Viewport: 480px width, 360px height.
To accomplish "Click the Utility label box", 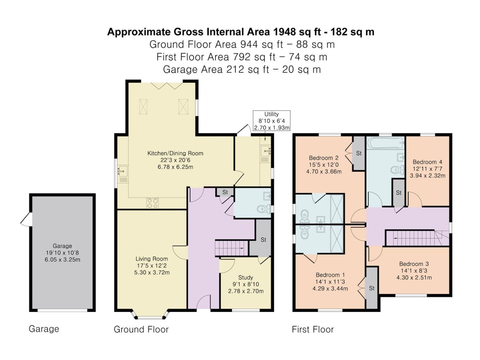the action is click(x=272, y=121).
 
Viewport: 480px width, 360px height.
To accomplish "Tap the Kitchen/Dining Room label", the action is click(x=176, y=153).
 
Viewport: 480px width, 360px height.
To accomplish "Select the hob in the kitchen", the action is click(x=153, y=203).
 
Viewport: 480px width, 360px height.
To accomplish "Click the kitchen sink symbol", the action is click(x=122, y=174).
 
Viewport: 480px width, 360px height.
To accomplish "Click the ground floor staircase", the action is click(x=231, y=248).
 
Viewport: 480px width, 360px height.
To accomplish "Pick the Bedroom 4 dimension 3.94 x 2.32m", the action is click(x=428, y=176).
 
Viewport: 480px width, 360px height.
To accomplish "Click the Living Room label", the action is click(x=152, y=259).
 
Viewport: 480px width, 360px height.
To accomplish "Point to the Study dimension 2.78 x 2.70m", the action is click(x=246, y=291).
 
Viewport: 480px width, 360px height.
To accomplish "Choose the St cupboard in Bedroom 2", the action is click(x=359, y=153).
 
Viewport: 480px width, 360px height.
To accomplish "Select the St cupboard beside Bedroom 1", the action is click(x=372, y=288).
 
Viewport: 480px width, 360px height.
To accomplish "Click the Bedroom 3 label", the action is click(x=414, y=264).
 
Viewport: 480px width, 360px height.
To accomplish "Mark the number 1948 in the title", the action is click(x=284, y=32).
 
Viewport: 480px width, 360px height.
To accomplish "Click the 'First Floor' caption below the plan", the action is click(x=313, y=329).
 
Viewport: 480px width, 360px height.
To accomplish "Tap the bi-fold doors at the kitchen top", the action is click(x=167, y=86).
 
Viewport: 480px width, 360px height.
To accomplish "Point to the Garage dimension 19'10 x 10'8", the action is click(x=62, y=253).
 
